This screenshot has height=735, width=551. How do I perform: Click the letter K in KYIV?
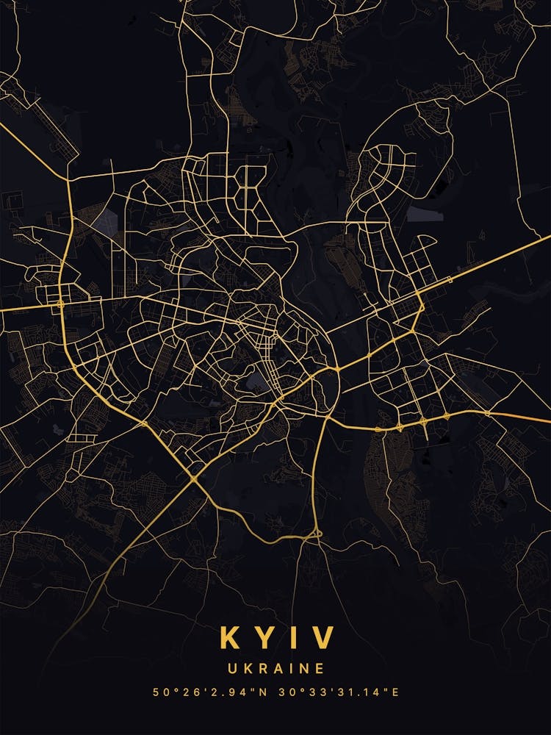(x=231, y=637)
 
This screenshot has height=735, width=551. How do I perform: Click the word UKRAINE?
(x=275, y=669)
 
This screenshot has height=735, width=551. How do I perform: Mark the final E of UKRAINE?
(x=320, y=669)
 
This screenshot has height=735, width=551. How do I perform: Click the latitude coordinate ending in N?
(x=209, y=692)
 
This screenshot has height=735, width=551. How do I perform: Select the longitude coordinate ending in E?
(x=341, y=692)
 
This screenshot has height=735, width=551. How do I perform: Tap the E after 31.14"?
(x=395, y=692)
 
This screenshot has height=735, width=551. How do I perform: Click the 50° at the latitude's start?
(x=163, y=692)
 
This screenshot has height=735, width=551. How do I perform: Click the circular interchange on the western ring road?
(x=61, y=302)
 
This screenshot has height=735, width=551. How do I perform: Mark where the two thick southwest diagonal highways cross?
(x=192, y=480)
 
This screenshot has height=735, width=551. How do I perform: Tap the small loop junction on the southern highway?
(x=317, y=533)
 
